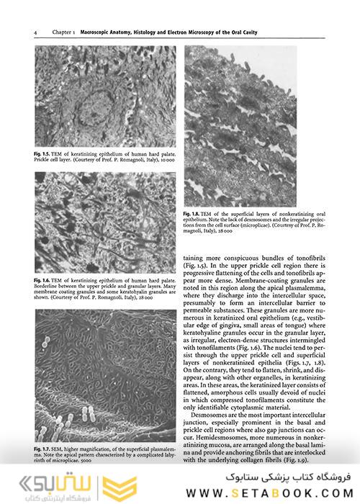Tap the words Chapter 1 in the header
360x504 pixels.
coord(64,32)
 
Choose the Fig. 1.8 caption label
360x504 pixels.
coord(194,215)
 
